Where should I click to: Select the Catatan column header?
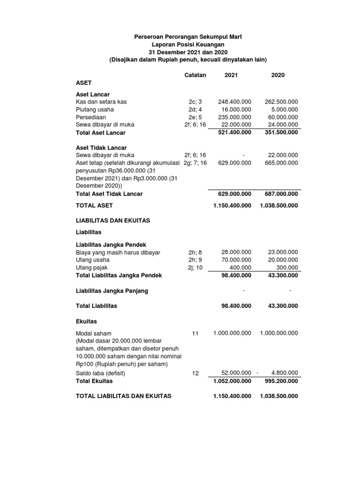[195, 75]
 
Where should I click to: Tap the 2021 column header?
[231, 75]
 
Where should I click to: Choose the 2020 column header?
[278, 75]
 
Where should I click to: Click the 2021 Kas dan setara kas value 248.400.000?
[234, 102]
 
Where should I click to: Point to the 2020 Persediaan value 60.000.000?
[281, 117]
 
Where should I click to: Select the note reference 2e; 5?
[195, 117]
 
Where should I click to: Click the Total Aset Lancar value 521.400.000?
[234, 133]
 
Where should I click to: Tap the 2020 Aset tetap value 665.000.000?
[281, 163]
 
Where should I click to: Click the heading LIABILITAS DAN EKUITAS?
[113, 220]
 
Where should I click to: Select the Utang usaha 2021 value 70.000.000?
[236, 260]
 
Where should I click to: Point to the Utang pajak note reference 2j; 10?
[195, 267]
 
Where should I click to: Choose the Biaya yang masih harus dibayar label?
[118, 252]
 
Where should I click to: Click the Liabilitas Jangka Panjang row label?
[112, 291]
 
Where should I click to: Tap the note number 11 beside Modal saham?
[195, 333]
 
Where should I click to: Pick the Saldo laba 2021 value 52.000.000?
[236, 373]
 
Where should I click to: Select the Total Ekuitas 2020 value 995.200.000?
[279, 381]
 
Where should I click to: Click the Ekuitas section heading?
[87, 322]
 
